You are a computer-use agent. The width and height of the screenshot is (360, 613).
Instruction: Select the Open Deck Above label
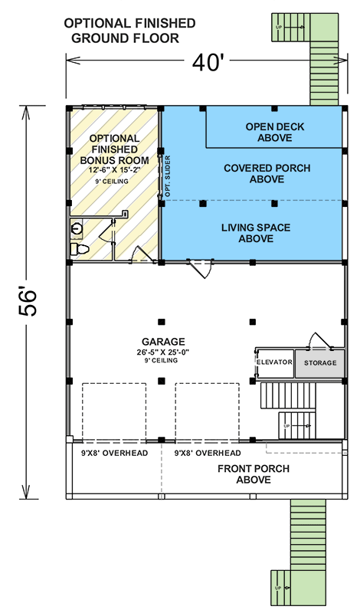pos(274,132)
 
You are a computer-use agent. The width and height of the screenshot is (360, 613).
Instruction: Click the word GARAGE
pos(162,341)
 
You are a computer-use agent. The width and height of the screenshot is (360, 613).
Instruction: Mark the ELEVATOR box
pos(274,362)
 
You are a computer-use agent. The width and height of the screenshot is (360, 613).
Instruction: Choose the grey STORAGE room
pos(319,362)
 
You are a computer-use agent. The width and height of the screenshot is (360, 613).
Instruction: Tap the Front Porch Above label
pos(244,474)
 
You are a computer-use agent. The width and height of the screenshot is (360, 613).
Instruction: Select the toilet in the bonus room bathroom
pos(79,248)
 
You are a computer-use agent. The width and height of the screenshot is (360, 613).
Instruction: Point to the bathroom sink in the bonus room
pos(77,228)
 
